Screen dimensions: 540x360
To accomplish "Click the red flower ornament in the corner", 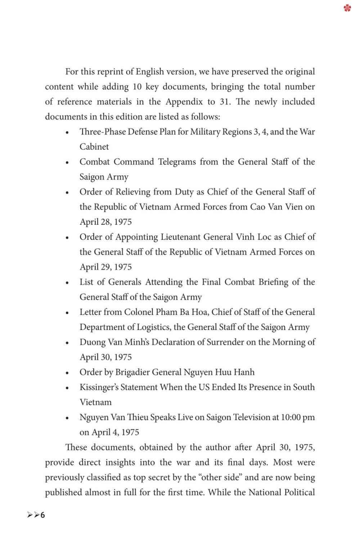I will coord(347,8).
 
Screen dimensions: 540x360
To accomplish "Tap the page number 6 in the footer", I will coord(42,515).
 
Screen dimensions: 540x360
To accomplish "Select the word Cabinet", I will coord(94,147).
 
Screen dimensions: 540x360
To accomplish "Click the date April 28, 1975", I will coord(105,222).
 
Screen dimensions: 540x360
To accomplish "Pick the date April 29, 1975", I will coord(105,267).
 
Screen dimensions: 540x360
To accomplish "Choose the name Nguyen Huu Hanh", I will coord(219,372).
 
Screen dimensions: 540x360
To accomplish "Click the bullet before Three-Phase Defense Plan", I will coord(67,133).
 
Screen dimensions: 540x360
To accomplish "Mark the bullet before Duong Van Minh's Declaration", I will coord(67,343).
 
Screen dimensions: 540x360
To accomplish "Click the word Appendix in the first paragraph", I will coord(184,102).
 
